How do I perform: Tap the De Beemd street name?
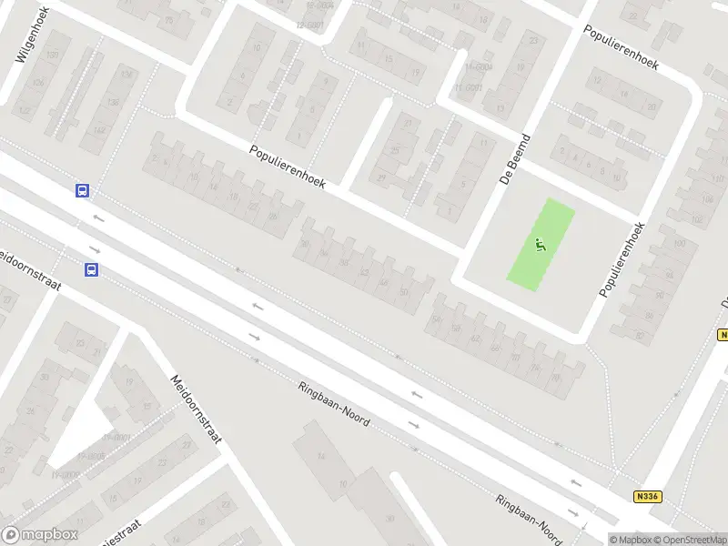click(516, 157)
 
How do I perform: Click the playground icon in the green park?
click(541, 244)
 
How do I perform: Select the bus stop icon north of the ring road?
click(82, 190)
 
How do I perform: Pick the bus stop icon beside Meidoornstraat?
click(92, 269)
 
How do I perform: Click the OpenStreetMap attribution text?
click(692, 540)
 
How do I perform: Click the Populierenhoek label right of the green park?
click(622, 259)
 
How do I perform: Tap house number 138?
click(126, 75)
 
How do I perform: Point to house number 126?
click(39, 83)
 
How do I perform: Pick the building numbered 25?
click(396, 149)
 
